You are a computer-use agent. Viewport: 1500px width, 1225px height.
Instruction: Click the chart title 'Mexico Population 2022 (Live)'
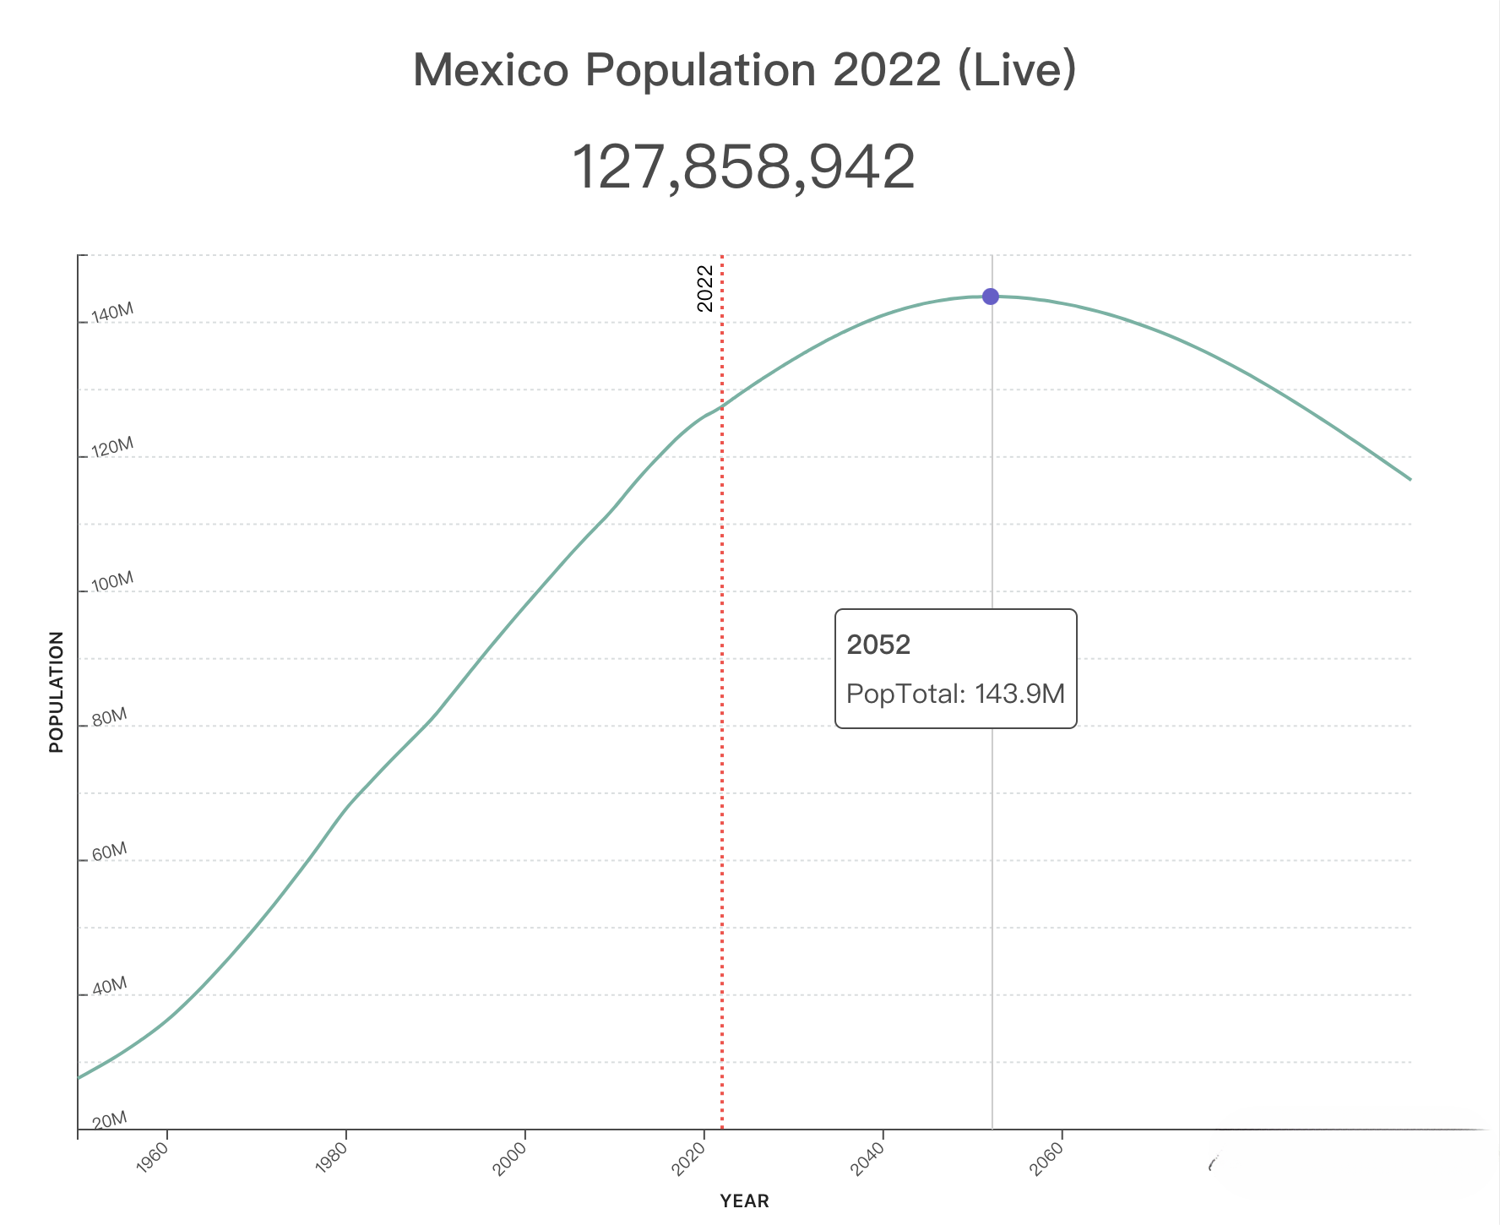(x=744, y=69)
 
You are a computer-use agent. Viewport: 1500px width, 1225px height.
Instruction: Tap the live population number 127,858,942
(x=744, y=167)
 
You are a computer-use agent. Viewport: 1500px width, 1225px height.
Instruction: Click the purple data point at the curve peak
(x=991, y=297)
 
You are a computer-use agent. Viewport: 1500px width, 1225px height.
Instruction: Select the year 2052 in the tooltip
(x=878, y=645)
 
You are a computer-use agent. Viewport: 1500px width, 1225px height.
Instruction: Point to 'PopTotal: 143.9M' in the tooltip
(x=955, y=694)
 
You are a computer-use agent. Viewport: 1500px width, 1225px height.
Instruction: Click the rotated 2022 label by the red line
(x=706, y=288)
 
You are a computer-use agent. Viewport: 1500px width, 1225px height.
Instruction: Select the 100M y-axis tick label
(x=112, y=583)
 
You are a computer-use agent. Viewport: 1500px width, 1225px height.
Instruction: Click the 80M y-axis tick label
(x=109, y=718)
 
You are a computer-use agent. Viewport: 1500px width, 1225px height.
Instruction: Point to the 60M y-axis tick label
(x=109, y=852)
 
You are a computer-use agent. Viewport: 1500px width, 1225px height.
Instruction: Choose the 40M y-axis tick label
(x=109, y=987)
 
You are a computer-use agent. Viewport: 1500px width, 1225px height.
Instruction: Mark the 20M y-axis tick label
(x=109, y=1121)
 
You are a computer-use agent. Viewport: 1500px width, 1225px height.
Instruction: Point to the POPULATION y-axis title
(x=57, y=692)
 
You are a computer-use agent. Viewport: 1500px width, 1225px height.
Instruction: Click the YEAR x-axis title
(x=744, y=1201)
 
